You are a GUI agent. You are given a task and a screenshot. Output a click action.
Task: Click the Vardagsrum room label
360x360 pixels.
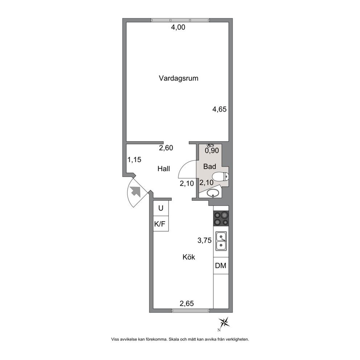[x=179, y=78]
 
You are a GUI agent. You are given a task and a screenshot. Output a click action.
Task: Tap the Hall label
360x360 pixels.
[x=164, y=169]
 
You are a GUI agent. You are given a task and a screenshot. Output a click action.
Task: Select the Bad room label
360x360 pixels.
[x=210, y=167]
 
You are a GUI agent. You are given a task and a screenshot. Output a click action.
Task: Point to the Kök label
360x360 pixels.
[x=189, y=257]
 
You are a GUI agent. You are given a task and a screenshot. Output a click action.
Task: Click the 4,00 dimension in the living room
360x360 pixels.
[x=178, y=27]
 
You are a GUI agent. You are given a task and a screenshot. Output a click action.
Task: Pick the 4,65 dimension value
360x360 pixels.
[x=219, y=109]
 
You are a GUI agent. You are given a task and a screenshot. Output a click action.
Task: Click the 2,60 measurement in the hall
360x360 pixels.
[x=166, y=148]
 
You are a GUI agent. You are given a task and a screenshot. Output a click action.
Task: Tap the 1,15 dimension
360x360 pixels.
[x=134, y=160]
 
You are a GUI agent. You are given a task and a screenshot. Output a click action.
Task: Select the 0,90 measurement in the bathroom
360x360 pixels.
[x=212, y=151]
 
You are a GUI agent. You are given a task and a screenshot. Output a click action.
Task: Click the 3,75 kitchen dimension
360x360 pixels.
[x=205, y=240]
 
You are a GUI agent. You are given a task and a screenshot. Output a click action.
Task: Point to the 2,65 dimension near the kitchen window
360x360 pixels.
[x=187, y=303]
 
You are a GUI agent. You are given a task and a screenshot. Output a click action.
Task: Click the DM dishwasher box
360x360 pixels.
[x=221, y=266]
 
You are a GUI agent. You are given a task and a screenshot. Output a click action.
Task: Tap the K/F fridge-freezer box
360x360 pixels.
[x=161, y=224]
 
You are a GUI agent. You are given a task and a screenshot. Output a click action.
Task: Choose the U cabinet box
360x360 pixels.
[x=161, y=208]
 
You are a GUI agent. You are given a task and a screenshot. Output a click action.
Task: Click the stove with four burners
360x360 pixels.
[x=221, y=219]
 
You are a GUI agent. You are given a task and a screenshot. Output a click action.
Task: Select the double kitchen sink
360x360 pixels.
[x=221, y=241]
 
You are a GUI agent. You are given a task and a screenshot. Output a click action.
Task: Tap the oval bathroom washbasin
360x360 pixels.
[x=213, y=193]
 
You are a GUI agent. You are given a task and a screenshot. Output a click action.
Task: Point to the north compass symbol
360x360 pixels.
[x=224, y=323]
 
